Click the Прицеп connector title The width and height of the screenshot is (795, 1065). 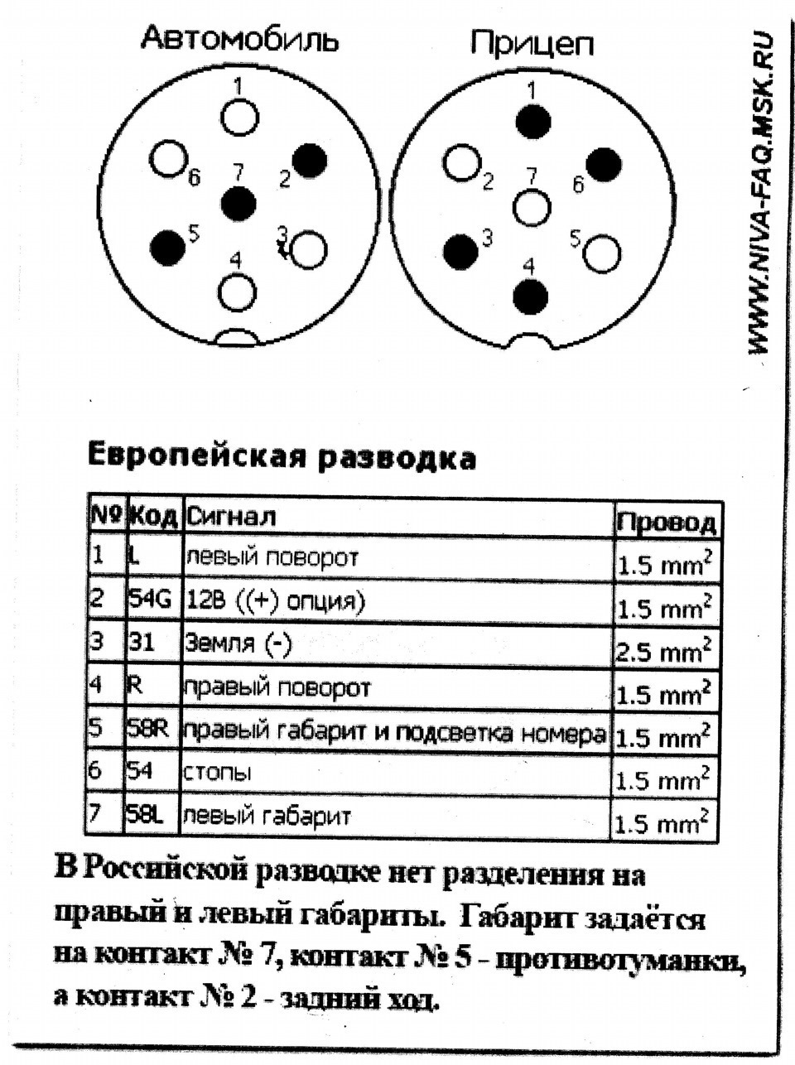click(532, 43)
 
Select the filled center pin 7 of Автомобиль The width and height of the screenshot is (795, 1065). click(239, 203)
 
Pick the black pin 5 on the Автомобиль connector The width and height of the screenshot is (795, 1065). click(168, 244)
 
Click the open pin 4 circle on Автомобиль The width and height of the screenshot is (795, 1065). click(238, 290)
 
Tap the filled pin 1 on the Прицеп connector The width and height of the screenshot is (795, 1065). click(532, 122)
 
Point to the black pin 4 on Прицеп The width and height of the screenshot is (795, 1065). click(531, 296)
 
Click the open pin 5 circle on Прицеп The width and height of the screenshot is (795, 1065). click(602, 253)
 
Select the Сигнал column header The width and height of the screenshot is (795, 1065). click(230, 517)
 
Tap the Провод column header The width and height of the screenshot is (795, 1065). click(666, 522)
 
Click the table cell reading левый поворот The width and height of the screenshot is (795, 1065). click(271, 557)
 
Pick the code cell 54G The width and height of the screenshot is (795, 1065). click(150, 599)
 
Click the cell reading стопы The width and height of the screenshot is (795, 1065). click(217, 773)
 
